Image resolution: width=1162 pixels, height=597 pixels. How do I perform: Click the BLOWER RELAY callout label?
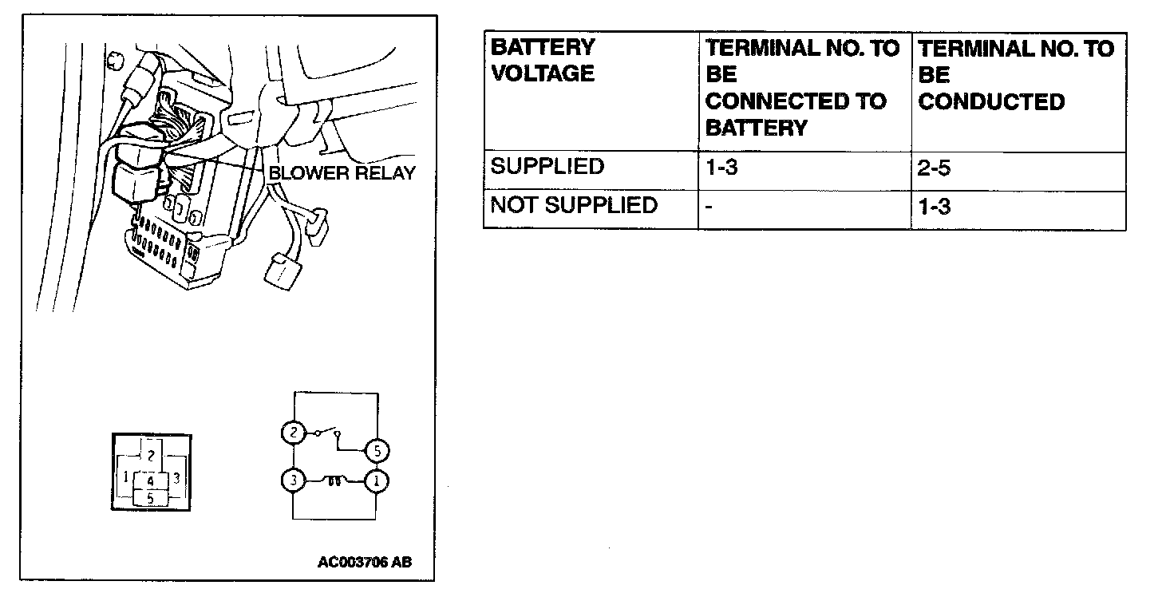[342, 172]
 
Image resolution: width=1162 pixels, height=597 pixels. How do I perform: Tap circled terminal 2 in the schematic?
[293, 433]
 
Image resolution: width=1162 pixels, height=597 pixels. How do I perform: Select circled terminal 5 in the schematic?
[377, 451]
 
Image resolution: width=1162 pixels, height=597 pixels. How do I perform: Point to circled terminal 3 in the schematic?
[293, 481]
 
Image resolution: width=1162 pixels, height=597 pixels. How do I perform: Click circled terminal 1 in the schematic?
[377, 481]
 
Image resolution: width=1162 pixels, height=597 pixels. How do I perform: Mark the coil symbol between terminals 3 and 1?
[335, 481]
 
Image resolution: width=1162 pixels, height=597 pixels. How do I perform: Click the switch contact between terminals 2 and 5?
[327, 433]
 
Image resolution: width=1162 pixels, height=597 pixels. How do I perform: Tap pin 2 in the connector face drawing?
[149, 457]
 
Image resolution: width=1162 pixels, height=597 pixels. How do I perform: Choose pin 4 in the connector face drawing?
[150, 481]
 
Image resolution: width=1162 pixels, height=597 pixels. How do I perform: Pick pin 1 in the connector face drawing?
[125, 477]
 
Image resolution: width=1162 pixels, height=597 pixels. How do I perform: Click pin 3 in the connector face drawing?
[176, 477]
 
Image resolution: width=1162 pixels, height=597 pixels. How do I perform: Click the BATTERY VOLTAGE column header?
[543, 61]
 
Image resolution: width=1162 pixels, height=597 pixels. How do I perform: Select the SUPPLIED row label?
[547, 168]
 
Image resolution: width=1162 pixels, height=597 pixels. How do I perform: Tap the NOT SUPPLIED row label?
[574, 206]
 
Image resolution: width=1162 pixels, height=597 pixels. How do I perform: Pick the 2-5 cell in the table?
[935, 168]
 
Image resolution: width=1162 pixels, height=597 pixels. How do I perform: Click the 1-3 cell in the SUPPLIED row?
[721, 168]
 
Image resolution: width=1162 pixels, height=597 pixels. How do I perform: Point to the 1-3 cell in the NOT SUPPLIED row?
[935, 207]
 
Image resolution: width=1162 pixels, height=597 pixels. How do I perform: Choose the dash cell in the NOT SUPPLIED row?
[709, 207]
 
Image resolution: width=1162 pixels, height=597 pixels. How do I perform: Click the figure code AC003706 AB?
[365, 562]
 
